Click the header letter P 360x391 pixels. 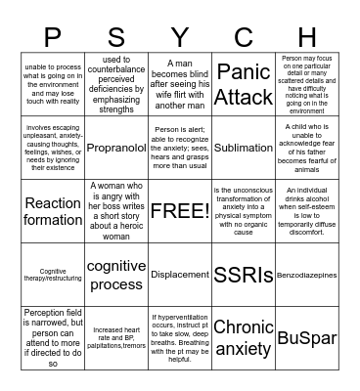pos(53,37)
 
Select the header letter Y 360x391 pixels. pos(180,37)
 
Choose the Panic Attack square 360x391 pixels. pos(244,85)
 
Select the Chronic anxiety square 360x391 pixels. pos(244,337)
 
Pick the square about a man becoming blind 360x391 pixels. pos(180,85)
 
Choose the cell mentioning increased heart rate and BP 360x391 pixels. pos(116,337)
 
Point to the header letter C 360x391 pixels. pos(244,37)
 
